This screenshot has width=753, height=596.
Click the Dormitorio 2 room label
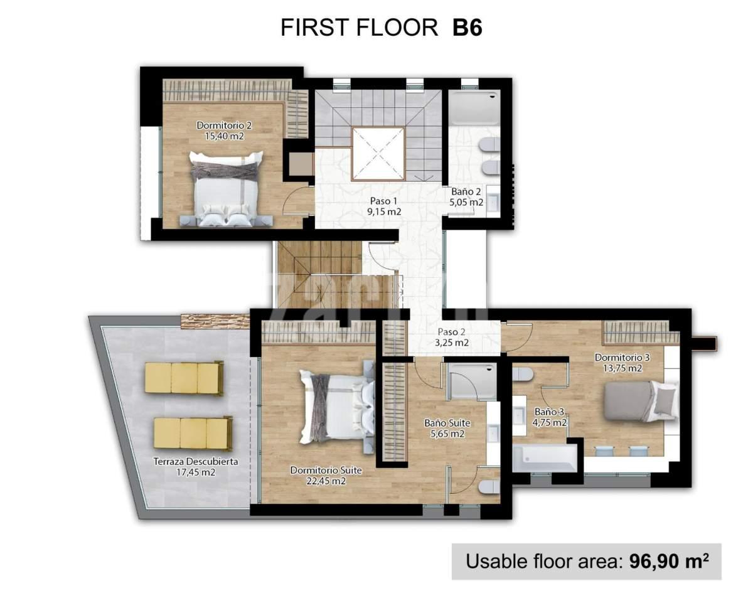point(224,125)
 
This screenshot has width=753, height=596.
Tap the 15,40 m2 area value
point(224,136)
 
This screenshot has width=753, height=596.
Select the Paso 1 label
point(384,201)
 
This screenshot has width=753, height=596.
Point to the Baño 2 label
point(466,192)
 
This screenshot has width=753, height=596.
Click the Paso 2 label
point(452,332)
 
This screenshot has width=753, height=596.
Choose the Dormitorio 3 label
point(622,358)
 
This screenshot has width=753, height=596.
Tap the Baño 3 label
point(548,412)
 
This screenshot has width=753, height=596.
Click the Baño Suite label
point(447,423)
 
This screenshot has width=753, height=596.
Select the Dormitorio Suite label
point(326,471)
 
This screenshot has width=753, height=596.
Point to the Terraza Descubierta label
point(196,462)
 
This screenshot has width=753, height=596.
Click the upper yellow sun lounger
point(184,378)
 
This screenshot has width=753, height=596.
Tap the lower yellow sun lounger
point(193,434)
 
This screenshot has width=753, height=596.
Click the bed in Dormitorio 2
point(226,188)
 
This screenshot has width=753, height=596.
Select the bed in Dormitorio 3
point(641,401)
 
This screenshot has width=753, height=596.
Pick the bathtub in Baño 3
point(545,458)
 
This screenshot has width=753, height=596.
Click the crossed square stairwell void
point(378,154)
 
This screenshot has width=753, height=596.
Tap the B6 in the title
point(467,28)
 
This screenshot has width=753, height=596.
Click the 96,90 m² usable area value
point(669,561)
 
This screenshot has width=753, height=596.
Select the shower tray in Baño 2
point(474,108)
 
